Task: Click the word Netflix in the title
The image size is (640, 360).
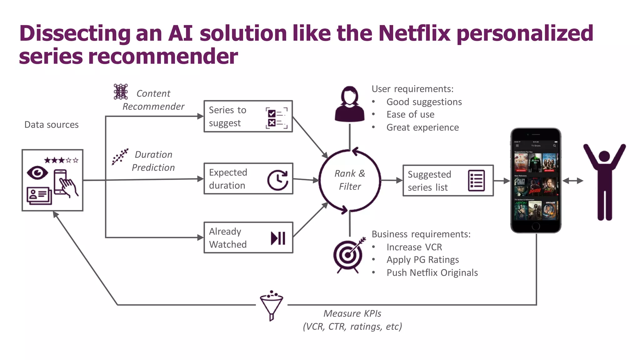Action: click(414, 33)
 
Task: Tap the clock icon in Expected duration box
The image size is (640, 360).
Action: click(277, 180)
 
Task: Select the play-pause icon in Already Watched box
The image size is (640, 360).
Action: click(278, 238)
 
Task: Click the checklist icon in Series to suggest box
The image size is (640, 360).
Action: click(276, 118)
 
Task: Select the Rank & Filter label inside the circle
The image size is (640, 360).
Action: click(350, 180)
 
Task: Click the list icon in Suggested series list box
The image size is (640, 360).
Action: click(476, 181)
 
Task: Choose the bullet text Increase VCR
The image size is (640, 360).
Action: click(414, 247)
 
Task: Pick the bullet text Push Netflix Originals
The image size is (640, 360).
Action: click(432, 273)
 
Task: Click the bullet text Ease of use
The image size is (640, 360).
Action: click(410, 115)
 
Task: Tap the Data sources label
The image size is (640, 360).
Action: click(52, 125)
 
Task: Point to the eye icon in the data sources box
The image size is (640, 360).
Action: click(37, 173)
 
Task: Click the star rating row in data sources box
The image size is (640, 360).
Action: click(61, 160)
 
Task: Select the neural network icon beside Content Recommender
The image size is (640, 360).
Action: click(121, 92)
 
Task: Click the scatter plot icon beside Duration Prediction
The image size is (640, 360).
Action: click(120, 157)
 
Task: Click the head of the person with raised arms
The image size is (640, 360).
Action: click(604, 156)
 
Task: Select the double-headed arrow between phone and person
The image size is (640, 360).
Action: click(573, 181)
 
